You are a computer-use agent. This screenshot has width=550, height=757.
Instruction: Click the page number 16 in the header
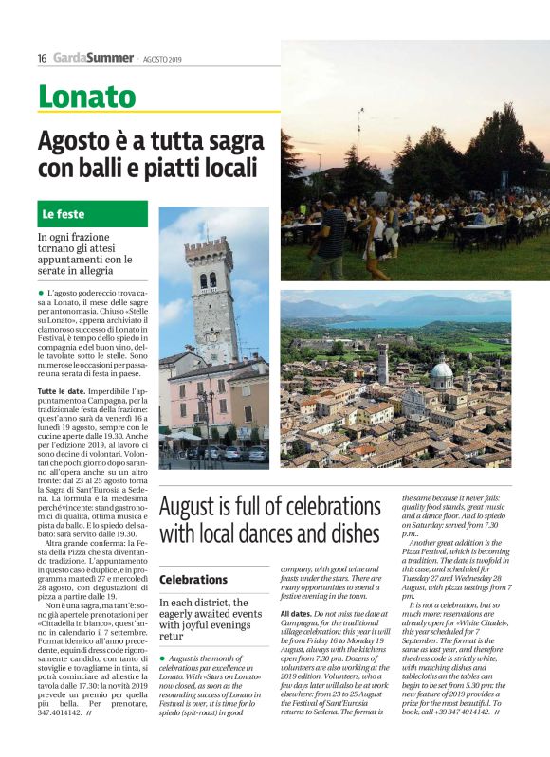click(x=42, y=57)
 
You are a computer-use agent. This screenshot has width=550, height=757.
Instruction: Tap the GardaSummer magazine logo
click(x=93, y=57)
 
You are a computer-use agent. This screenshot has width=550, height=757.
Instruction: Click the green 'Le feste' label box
click(x=93, y=214)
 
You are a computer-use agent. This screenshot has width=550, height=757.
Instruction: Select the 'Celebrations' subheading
click(x=193, y=579)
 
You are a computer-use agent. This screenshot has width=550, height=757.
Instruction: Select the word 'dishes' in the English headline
click(x=351, y=532)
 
